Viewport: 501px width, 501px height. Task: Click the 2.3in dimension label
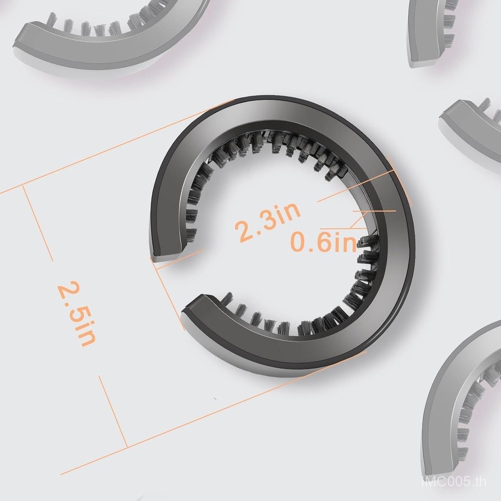click(268, 221)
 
